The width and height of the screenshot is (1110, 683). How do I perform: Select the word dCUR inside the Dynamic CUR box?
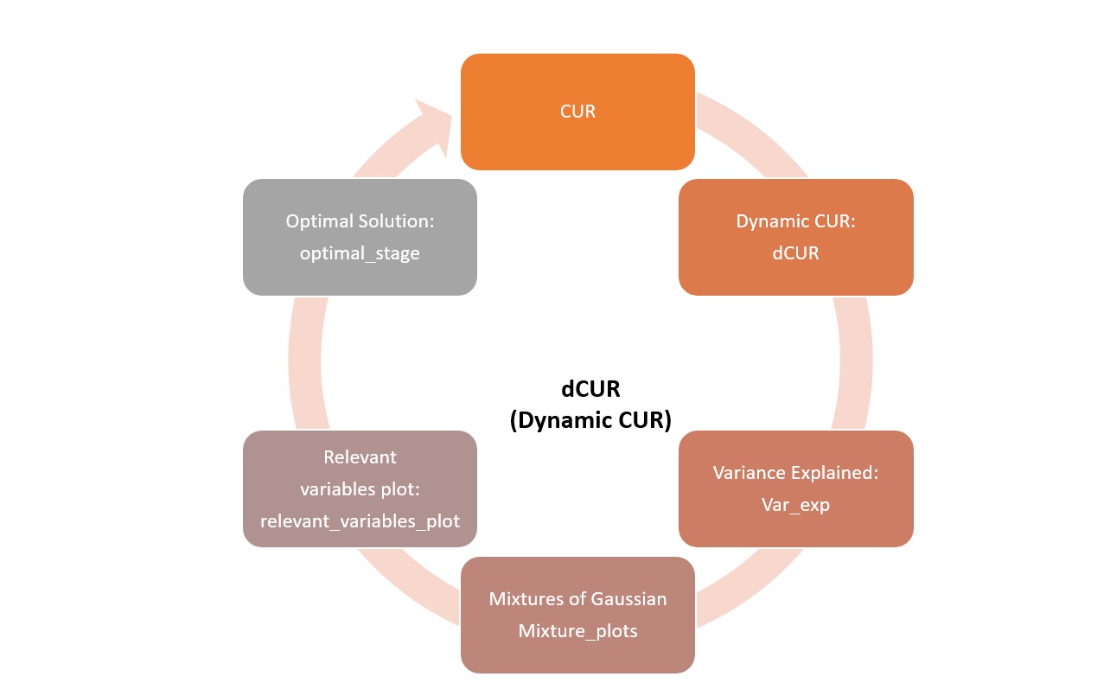(x=795, y=253)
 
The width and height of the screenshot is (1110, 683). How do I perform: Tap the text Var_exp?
(x=795, y=505)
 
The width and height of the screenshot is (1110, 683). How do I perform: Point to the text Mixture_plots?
(x=577, y=631)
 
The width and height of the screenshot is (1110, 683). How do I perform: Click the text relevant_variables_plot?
(x=360, y=521)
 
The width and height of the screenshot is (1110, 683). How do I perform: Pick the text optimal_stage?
(x=360, y=253)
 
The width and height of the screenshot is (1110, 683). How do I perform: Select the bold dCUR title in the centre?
(x=590, y=389)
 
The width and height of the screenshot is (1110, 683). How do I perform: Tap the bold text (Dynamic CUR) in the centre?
(x=590, y=419)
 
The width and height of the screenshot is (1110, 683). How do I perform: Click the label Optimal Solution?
(x=360, y=221)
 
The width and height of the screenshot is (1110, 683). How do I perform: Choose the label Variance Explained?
(x=795, y=473)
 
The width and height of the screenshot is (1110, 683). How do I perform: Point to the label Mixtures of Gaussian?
(x=577, y=599)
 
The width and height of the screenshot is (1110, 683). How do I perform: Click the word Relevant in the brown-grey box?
(x=360, y=456)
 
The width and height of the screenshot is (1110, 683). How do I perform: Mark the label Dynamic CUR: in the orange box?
(x=795, y=221)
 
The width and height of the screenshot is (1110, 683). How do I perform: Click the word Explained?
(x=837, y=473)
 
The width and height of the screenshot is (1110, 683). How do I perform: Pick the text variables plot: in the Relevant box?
(x=360, y=489)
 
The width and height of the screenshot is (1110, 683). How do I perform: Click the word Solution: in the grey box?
(x=397, y=221)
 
